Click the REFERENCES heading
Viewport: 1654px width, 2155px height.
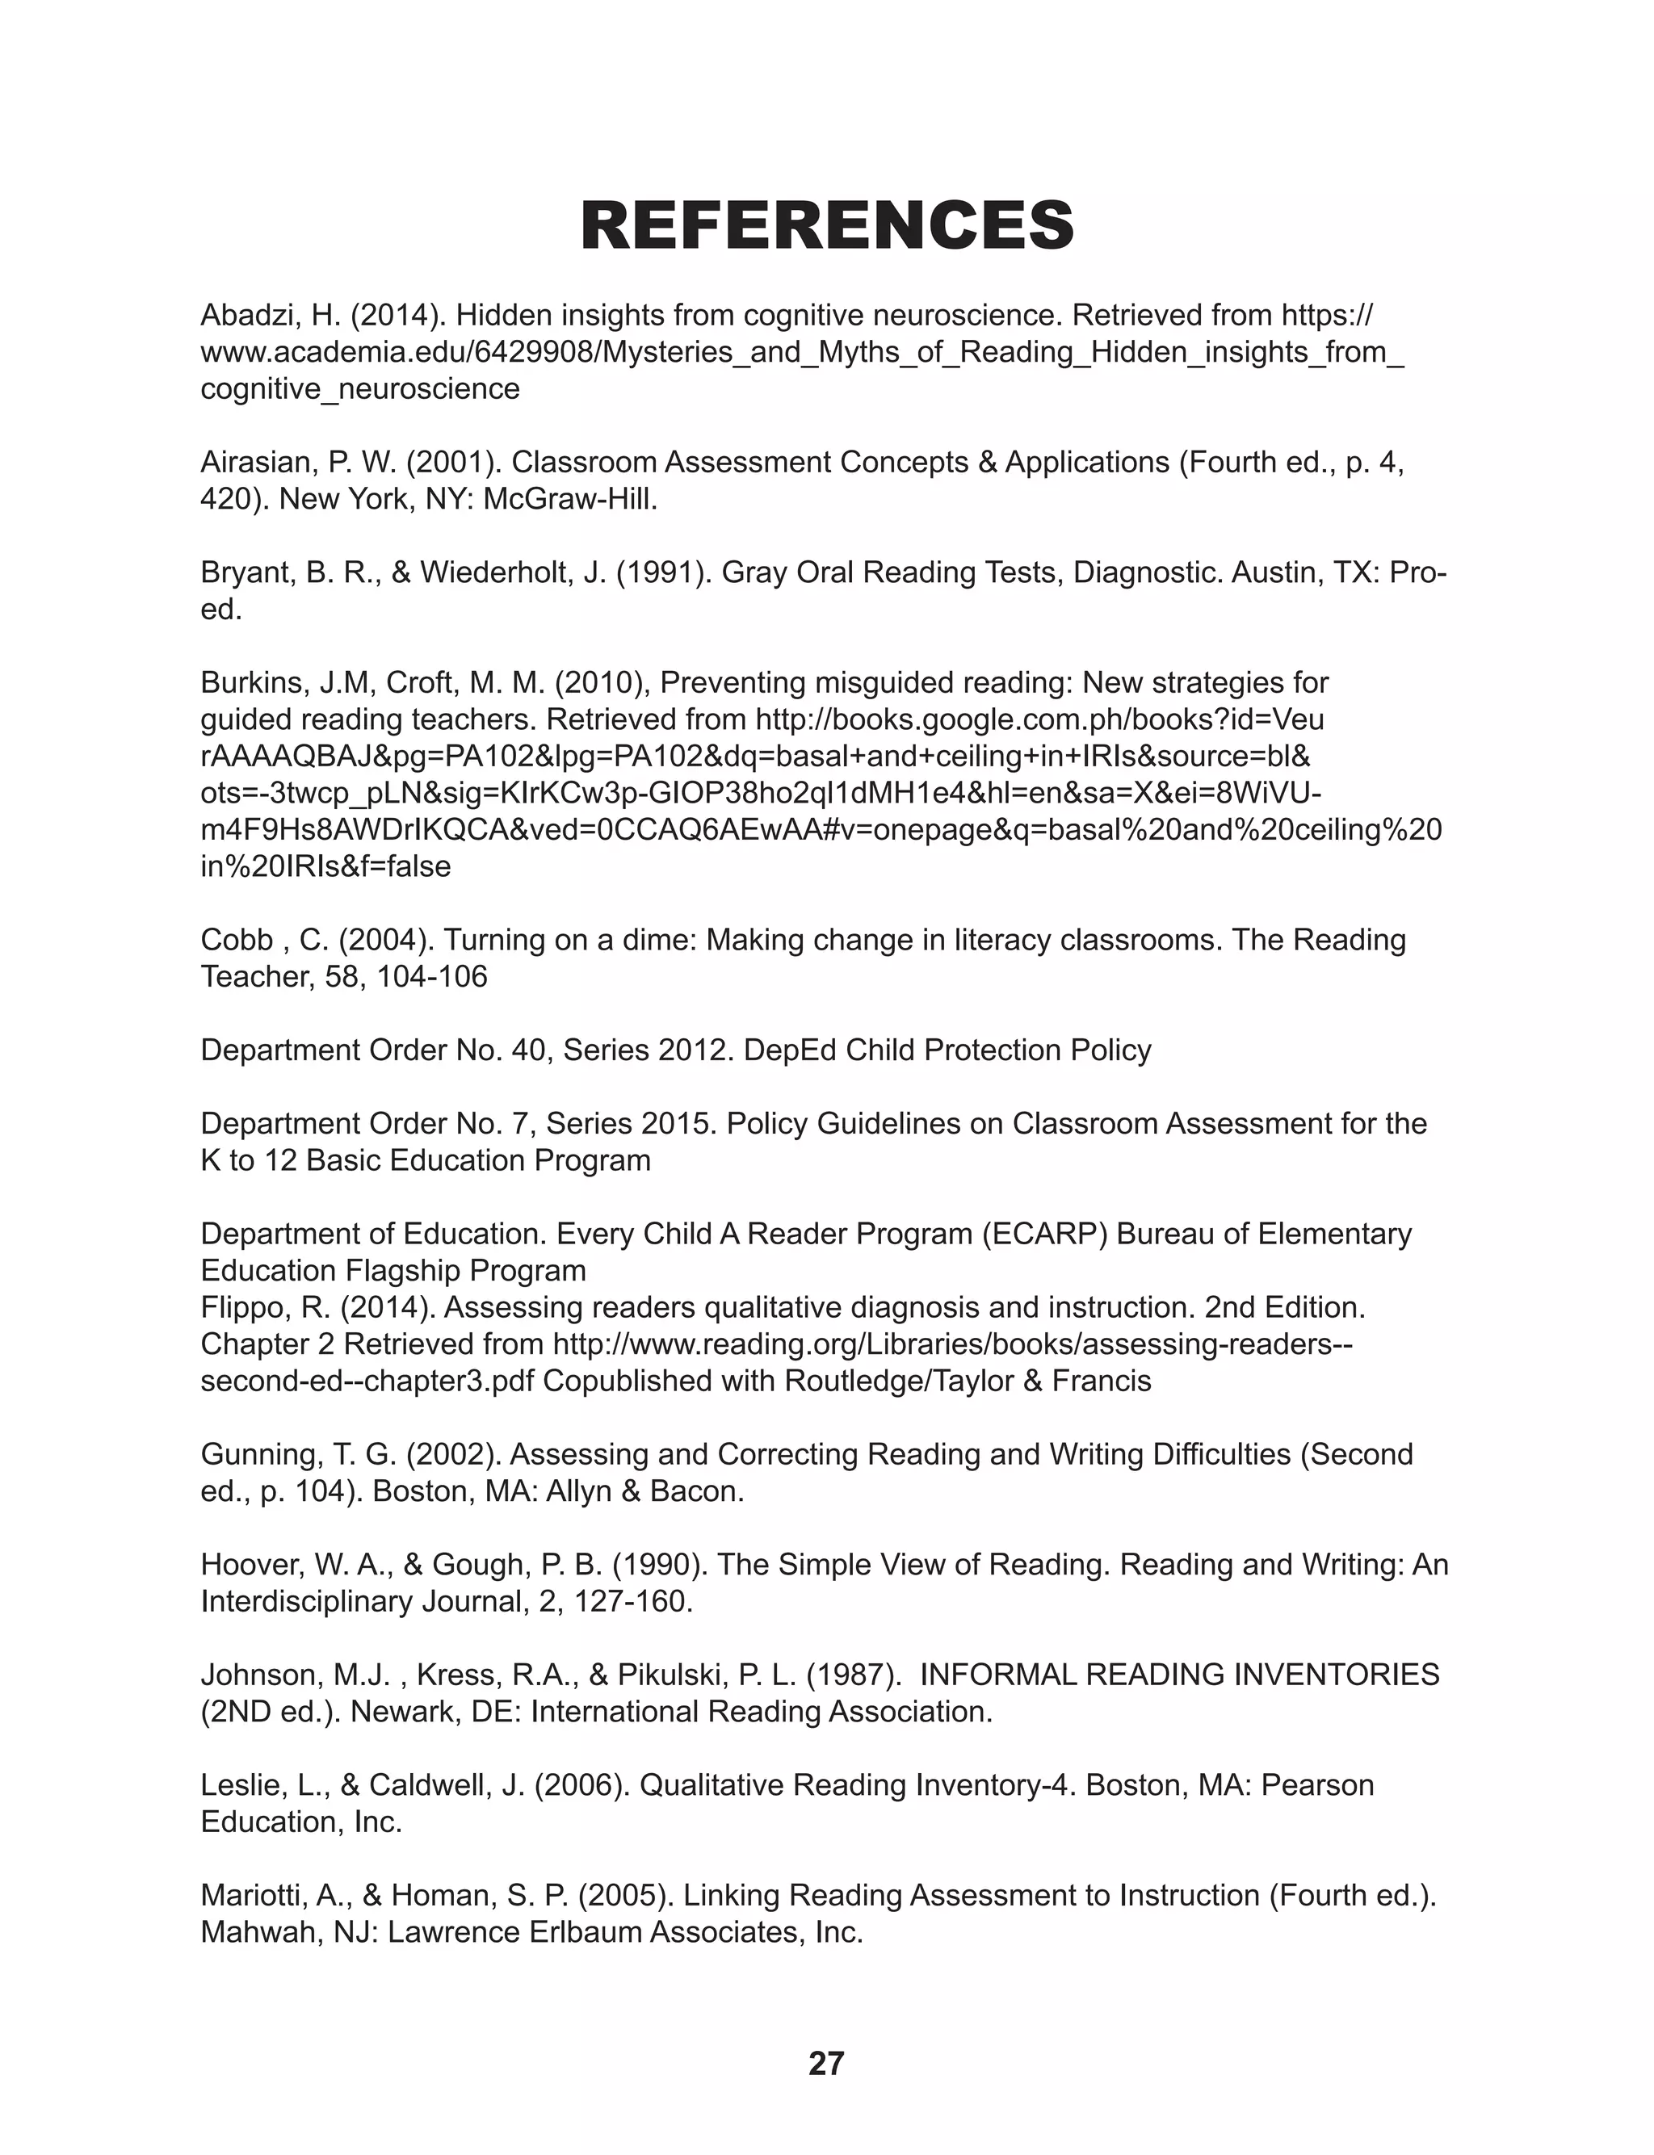[827, 225]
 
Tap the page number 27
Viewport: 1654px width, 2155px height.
[826, 2062]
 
